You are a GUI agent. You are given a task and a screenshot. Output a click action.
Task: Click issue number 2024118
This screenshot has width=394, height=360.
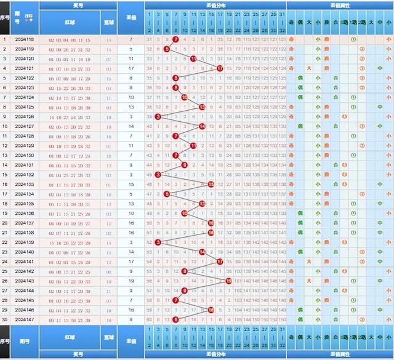[25, 39]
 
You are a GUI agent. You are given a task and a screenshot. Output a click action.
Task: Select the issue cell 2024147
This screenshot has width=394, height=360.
[25, 319]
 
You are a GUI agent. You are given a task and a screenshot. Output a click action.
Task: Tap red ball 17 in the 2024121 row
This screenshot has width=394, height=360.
[220, 68]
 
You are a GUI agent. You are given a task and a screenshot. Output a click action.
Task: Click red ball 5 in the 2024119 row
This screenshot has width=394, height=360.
[167, 49]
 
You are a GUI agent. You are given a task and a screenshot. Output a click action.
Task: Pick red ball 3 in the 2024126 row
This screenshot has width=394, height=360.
[158, 116]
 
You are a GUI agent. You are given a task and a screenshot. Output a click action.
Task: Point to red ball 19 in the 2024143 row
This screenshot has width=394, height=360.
[228, 281]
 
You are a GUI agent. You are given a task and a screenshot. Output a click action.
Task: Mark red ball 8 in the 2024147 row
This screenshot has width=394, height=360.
[175, 319]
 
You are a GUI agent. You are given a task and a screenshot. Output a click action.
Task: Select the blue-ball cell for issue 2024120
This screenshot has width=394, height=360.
[109, 58]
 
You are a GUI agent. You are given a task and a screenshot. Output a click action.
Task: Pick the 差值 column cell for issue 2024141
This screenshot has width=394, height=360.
[131, 262]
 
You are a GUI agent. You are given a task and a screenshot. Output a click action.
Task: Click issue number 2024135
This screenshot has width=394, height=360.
[25, 204]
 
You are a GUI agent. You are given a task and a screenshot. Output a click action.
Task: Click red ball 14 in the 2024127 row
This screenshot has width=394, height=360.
[202, 126]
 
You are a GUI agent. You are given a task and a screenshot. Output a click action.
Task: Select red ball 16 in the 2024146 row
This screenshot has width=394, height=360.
[211, 310]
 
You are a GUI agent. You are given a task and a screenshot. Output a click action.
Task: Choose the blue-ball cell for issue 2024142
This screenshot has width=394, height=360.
[109, 271]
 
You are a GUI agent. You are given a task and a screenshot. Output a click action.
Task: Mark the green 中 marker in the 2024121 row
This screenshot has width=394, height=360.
[380, 68]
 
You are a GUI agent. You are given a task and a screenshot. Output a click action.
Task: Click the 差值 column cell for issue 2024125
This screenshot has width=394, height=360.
[131, 107]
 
